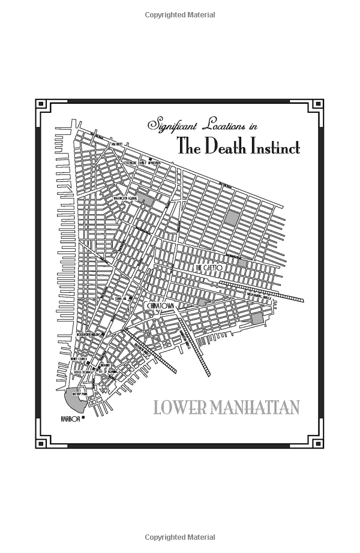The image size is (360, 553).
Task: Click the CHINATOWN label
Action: point(164,306)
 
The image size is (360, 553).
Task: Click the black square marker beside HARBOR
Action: point(84,416)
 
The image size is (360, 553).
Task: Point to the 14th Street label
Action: point(116,145)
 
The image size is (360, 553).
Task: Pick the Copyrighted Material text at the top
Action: point(180,15)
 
